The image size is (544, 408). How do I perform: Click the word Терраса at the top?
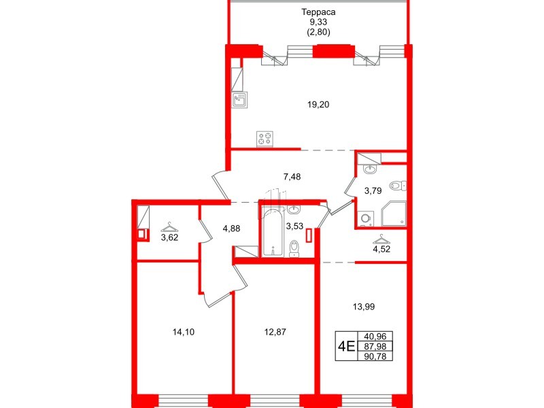pos(319,12)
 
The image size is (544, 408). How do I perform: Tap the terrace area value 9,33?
pos(319,22)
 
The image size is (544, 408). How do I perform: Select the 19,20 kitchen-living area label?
pos(319,105)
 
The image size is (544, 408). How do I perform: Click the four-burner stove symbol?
pos(266,139)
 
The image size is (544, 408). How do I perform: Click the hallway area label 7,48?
pos(292,177)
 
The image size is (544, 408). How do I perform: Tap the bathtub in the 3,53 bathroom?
pos(271,235)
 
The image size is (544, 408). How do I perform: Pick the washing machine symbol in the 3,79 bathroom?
pos(365,218)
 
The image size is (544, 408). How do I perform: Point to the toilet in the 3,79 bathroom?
pos(397,185)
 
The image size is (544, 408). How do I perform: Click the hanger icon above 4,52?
pos(381,239)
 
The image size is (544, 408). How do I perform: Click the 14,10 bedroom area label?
pos(182,332)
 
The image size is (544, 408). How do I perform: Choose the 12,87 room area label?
pos(275,332)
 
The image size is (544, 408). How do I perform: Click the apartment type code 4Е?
pos(346,347)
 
